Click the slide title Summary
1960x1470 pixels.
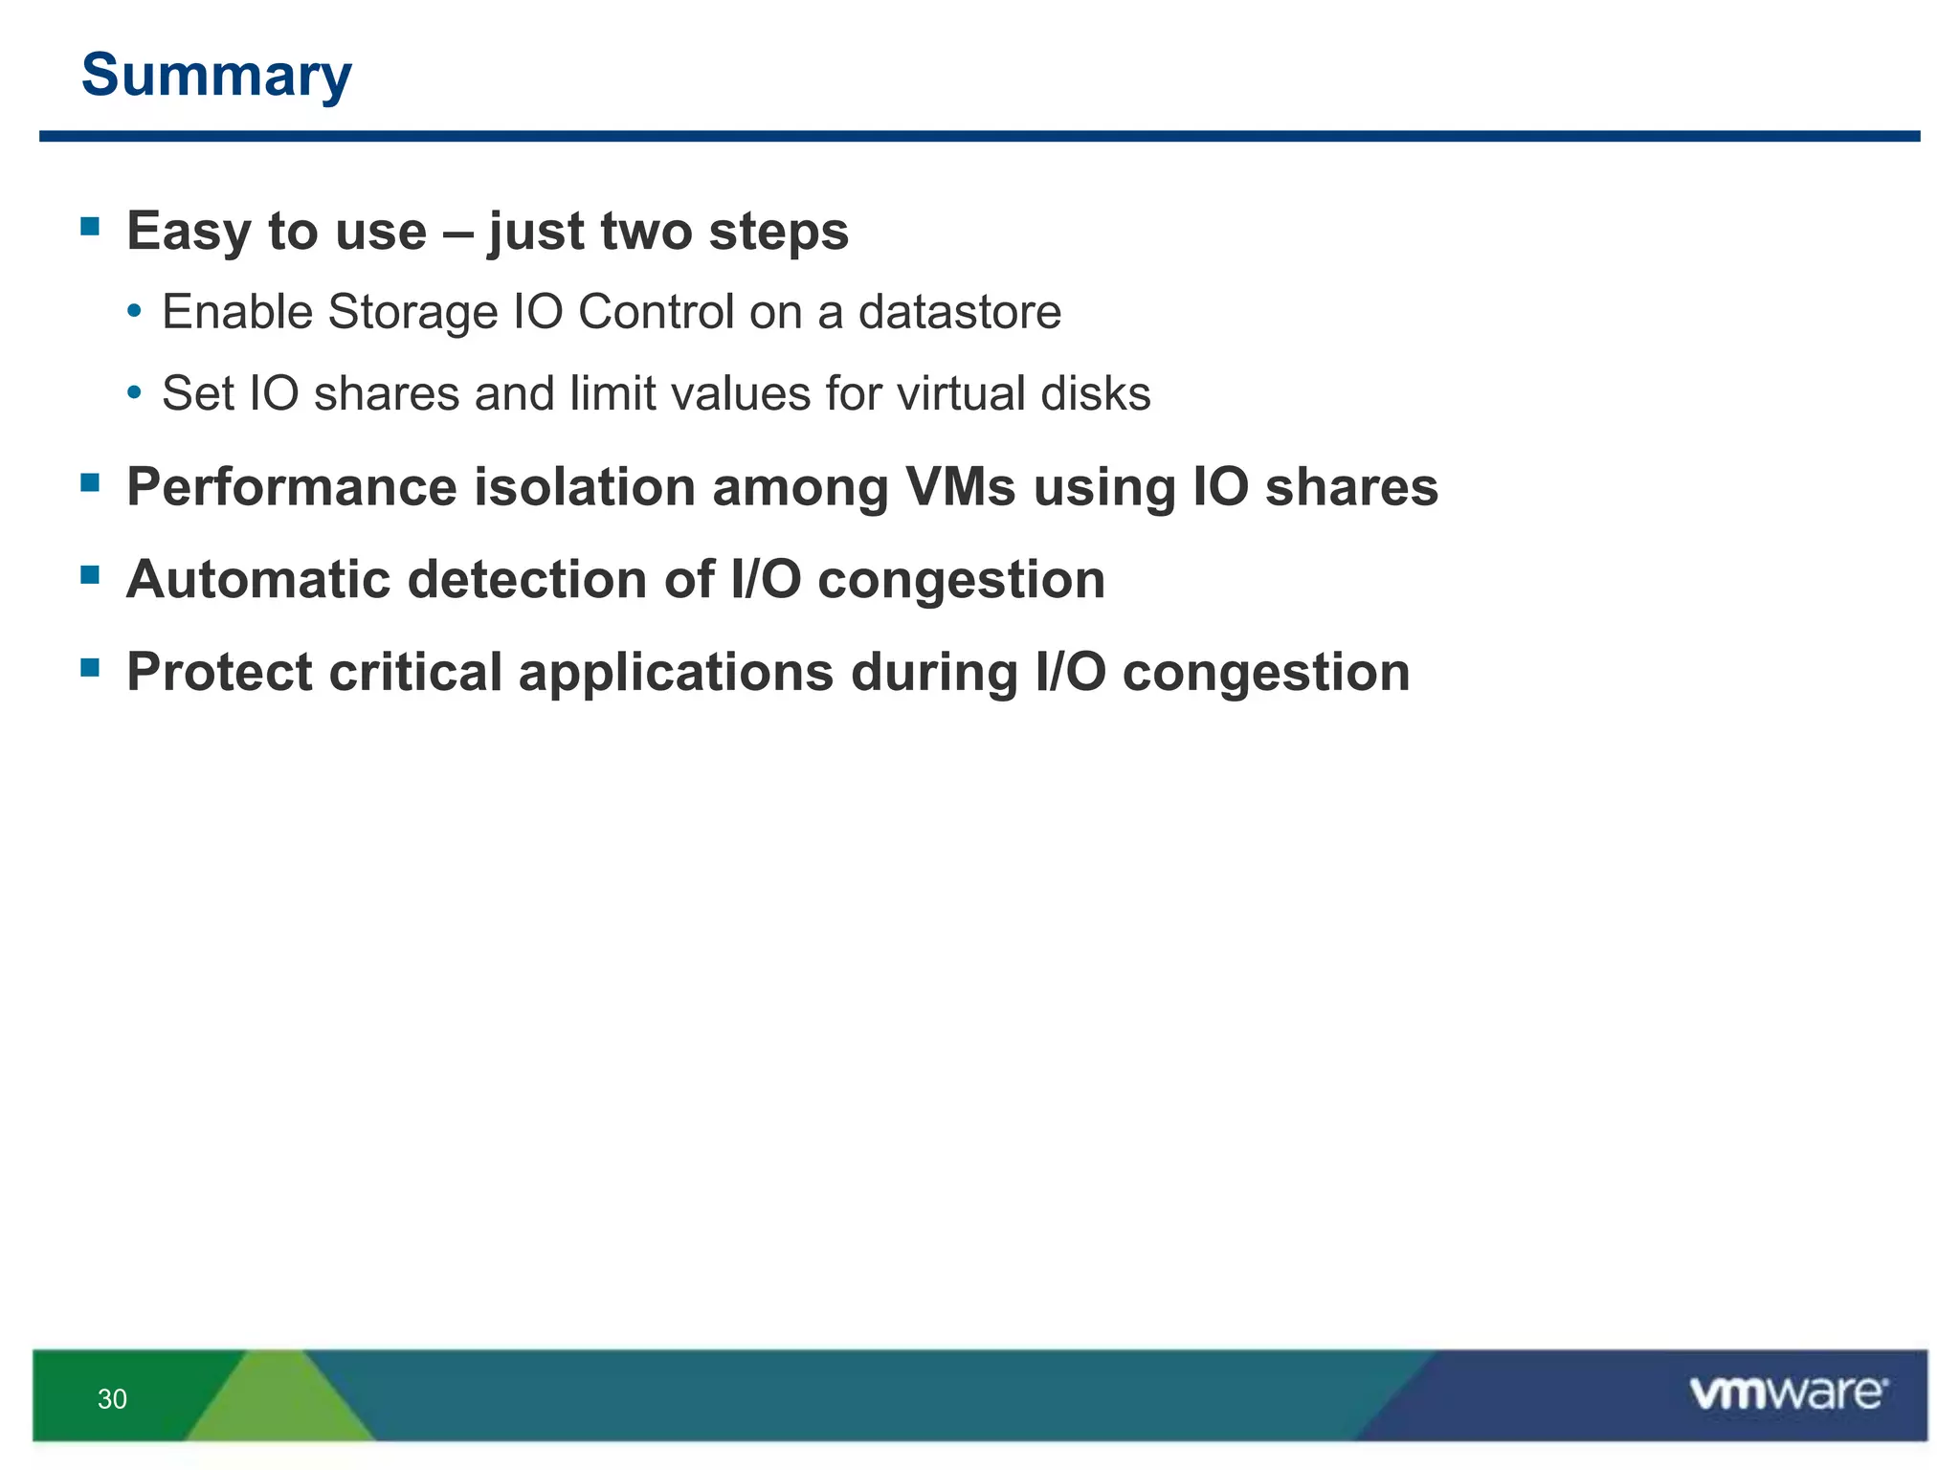pos(216,75)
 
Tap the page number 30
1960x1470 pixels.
pos(112,1399)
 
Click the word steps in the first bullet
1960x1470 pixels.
pos(778,232)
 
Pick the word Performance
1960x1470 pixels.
pos(291,487)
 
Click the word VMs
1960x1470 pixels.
pos(960,487)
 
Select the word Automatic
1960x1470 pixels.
pos(258,580)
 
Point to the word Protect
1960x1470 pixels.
pos(219,672)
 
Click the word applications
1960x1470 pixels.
pos(676,672)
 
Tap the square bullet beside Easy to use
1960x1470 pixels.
pos(91,227)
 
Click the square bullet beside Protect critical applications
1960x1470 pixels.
pos(91,667)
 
